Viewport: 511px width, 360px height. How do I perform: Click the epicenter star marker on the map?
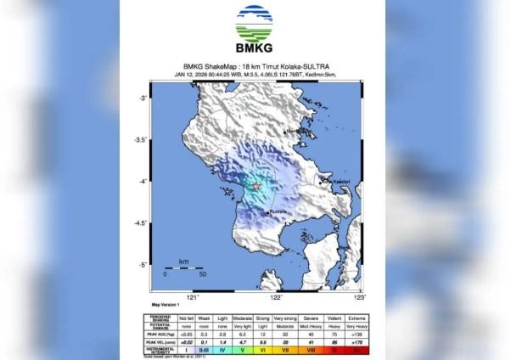[256, 186]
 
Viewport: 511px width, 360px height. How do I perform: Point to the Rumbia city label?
[278, 211]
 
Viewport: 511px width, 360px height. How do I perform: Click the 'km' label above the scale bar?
[183, 262]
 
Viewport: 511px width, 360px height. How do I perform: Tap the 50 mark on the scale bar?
[203, 275]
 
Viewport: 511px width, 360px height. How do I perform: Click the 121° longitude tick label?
[193, 298]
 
